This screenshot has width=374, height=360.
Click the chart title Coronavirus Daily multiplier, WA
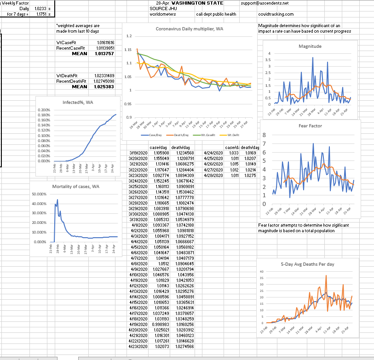pyautogui.click(x=190, y=29)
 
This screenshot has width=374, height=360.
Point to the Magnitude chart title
pyautogui.click(x=310, y=46)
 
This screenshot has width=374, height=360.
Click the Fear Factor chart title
pyautogui.click(x=310, y=126)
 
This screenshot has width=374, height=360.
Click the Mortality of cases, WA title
pyautogui.click(x=76, y=186)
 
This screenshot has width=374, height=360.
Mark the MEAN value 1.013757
pyautogui.click(x=104, y=54)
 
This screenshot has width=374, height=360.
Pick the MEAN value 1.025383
pyautogui.click(x=104, y=86)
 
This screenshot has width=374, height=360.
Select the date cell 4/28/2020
pyautogui.click(x=209, y=175)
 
